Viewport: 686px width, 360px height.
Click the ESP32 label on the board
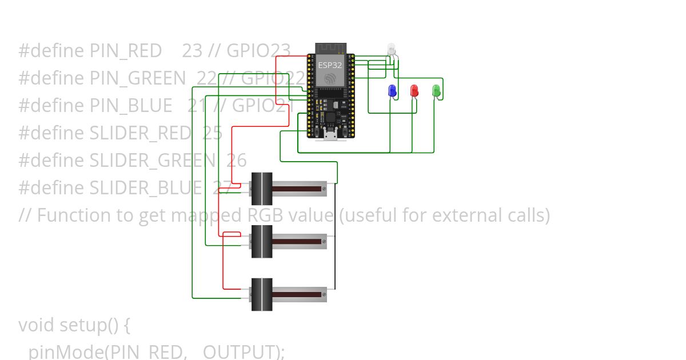(x=330, y=65)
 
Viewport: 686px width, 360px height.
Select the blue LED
(x=392, y=90)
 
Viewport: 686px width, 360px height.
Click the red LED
(x=414, y=90)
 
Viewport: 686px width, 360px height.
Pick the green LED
(x=436, y=90)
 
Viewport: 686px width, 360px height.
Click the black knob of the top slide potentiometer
(x=262, y=189)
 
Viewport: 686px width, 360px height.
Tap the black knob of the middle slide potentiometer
(x=262, y=241)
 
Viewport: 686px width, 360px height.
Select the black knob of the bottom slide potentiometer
(x=262, y=294)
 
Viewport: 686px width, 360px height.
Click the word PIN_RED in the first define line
(x=126, y=51)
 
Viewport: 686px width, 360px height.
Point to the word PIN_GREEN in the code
(x=138, y=78)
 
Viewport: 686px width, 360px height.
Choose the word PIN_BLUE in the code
(x=131, y=106)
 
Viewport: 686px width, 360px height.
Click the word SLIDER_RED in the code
(x=140, y=133)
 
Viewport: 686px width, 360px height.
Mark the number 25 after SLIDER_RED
(x=212, y=133)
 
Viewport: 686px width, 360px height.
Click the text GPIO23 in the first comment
(x=258, y=51)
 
